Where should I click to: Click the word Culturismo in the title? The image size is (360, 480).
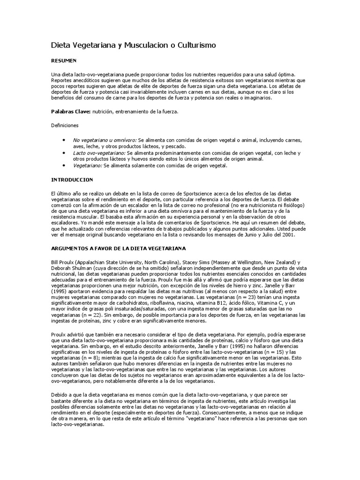193,45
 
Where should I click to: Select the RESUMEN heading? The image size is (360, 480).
64,61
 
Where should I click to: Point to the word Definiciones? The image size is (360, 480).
65,126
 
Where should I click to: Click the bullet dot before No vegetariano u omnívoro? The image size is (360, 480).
63,140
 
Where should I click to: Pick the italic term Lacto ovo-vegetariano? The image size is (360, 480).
99,153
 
